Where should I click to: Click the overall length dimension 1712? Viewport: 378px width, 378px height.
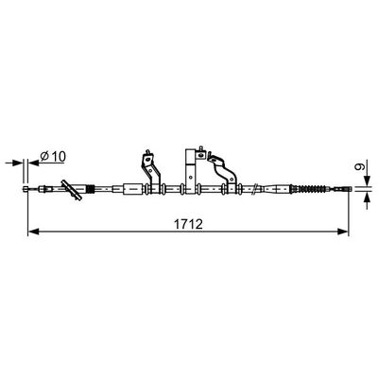tap(188, 224)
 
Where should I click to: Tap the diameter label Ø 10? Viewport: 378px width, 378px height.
tap(53, 156)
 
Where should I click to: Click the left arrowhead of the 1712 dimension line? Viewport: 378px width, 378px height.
tap(33, 232)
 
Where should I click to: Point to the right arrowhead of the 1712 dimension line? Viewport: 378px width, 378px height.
tap(343, 232)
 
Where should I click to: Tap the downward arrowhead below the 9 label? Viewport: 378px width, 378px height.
tap(367, 181)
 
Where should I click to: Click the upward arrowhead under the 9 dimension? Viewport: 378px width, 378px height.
tap(367, 198)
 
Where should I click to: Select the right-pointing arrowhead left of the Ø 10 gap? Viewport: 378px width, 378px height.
tap(18, 163)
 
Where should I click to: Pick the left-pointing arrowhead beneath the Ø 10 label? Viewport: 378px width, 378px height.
tap(34, 163)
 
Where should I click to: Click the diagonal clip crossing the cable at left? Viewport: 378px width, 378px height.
tap(72, 190)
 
